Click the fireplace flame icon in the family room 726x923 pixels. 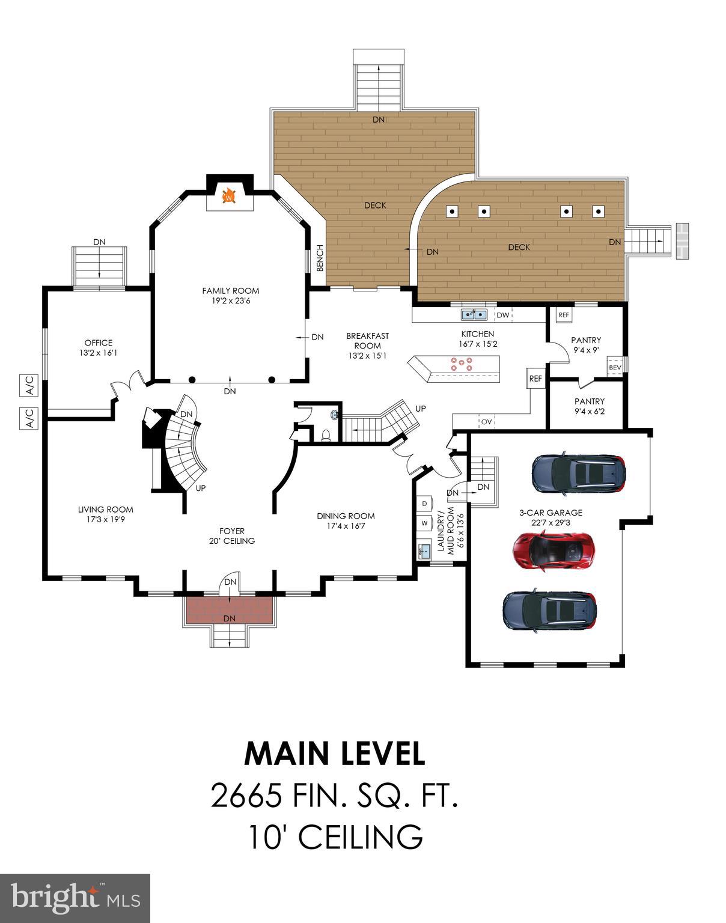(228, 195)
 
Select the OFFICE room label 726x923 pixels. (98, 347)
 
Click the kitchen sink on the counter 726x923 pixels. (474, 314)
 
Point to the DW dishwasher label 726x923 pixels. (502, 315)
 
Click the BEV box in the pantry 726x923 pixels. (615, 367)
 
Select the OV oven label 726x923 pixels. (486, 422)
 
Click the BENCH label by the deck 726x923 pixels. (320, 258)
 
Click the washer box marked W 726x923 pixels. (424, 523)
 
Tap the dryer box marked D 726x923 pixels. (424, 503)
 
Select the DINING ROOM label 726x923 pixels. (346, 520)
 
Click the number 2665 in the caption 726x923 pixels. (246, 796)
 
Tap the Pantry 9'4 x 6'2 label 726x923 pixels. (589, 406)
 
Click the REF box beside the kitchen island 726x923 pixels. (535, 379)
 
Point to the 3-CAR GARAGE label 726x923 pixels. (551, 517)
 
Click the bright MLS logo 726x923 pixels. (75, 898)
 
